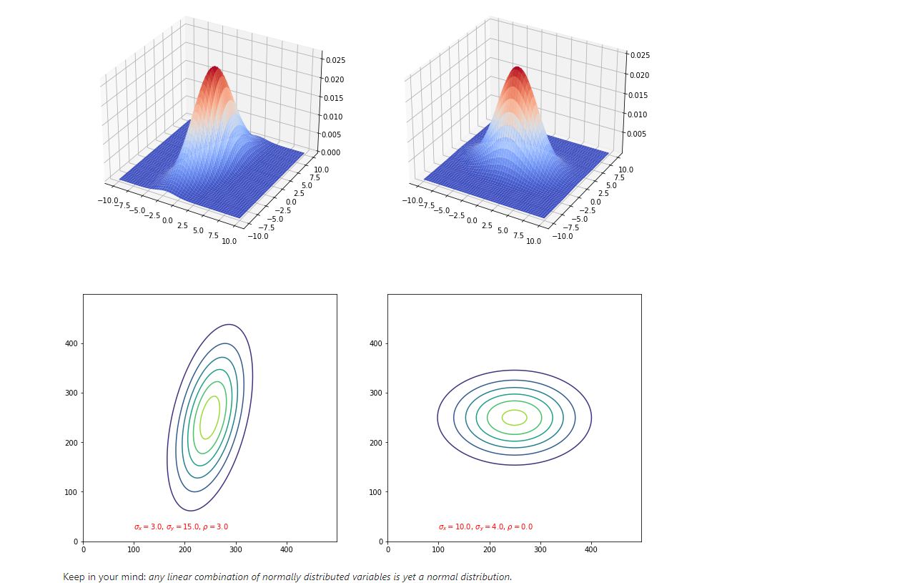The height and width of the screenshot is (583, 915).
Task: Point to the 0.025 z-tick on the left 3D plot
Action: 335,61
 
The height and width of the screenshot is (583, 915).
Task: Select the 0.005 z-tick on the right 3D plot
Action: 638,134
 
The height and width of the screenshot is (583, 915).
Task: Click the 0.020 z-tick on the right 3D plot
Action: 638,75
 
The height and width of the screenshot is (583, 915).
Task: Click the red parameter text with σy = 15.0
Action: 181,527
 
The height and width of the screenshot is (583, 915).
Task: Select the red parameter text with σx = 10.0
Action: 485,527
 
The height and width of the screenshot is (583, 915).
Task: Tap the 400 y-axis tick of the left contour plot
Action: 71,343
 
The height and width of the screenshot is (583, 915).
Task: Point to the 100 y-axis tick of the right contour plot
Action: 376,492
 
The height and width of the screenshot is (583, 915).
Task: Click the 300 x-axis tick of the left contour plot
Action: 236,549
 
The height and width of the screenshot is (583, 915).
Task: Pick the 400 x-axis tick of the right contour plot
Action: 591,549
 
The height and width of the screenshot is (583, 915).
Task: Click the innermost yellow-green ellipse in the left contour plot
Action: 210,417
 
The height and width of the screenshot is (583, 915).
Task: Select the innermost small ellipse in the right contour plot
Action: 515,417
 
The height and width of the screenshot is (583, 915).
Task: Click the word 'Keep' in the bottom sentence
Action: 74,577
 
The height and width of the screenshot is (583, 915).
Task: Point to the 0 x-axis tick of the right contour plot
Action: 387,549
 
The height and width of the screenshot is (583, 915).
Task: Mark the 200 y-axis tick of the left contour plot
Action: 71,443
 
